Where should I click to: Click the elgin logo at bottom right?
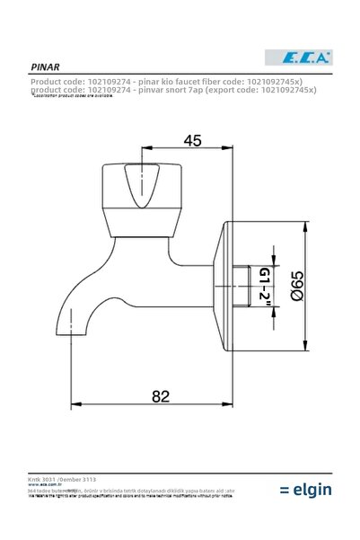(305, 489)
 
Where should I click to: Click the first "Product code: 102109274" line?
(122, 80)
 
